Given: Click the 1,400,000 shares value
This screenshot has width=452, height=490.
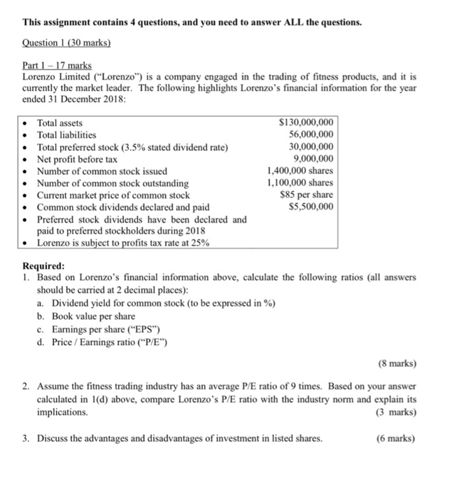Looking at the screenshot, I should coord(300,171).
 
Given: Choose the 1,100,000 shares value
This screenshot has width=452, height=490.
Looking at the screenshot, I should coord(300,183).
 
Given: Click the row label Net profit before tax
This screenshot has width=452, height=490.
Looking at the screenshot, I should coord(77,159).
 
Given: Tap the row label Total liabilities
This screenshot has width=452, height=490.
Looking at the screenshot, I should coord(66,134).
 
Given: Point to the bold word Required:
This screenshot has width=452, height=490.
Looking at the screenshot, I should coord(44,267).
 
